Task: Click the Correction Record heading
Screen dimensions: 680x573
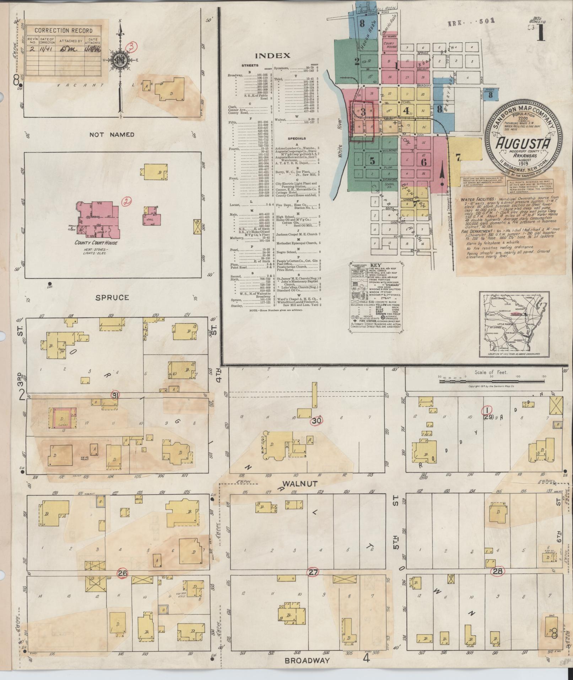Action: click(63, 31)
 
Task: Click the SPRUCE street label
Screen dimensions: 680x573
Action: click(112, 297)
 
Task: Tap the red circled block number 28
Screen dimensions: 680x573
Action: click(497, 571)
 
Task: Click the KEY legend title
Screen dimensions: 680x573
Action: click(375, 265)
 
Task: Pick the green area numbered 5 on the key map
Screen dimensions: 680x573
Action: click(372, 161)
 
